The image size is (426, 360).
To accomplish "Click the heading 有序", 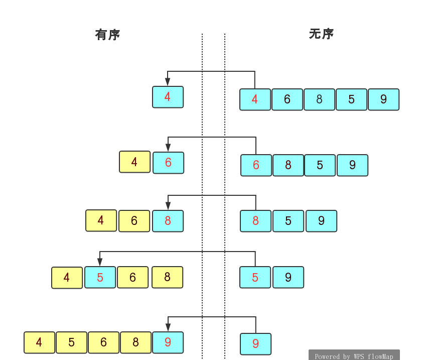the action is (107, 35).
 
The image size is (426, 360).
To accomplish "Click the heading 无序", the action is (321, 34).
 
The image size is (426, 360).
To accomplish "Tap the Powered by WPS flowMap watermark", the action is (354, 356).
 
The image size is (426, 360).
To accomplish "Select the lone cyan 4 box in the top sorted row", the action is (168, 97).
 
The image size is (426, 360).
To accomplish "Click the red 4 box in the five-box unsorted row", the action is (255, 99).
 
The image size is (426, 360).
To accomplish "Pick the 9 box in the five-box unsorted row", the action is (383, 99).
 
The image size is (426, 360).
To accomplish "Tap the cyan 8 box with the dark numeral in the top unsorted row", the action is (319, 99).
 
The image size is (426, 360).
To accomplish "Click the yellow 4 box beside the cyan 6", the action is (134, 162).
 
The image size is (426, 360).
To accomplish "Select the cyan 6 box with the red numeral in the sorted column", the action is (168, 163).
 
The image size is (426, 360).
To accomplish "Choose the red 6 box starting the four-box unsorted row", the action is (256, 165).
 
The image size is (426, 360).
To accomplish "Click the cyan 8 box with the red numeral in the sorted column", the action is (168, 221).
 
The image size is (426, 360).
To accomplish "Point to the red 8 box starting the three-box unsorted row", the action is (255, 221).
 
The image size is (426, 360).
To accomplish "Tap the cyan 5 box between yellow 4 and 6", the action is (100, 277).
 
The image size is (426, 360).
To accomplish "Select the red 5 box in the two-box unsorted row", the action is (255, 277).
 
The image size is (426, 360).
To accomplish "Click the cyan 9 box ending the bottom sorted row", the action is (168, 342).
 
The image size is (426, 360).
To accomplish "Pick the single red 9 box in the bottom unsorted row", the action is (255, 344).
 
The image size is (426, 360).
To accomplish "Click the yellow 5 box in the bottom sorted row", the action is (71, 342).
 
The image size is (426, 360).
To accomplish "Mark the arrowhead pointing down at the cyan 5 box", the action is (100, 262).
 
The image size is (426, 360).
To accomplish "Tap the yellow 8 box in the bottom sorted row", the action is (135, 342).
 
